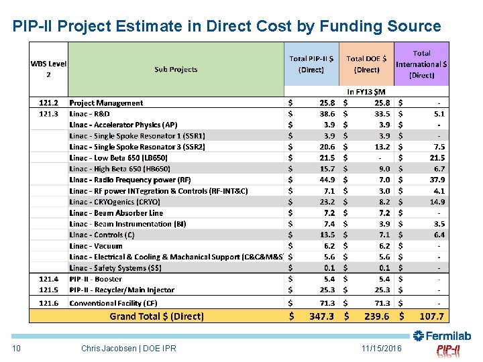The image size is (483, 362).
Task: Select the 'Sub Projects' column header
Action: coord(176,69)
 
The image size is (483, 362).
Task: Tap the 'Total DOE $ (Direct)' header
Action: coord(366,64)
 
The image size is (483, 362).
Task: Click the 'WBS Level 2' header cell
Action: coord(48,69)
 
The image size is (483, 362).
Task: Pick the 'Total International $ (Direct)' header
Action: coord(421,64)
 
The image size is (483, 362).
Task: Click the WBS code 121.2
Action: coord(48,103)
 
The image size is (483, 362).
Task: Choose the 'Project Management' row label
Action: coord(106,103)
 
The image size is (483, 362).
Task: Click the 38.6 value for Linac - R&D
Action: coord(327,114)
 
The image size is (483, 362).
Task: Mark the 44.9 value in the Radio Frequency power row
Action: coord(327,180)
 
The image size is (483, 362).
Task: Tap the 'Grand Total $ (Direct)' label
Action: coord(158,316)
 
